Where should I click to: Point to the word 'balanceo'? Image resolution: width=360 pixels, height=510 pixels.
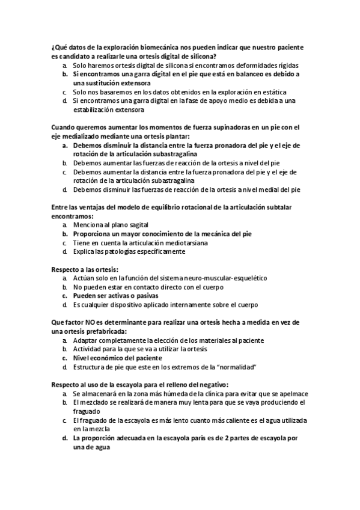coord(229,73)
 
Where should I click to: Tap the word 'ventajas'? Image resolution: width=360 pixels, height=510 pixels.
coord(95,207)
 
